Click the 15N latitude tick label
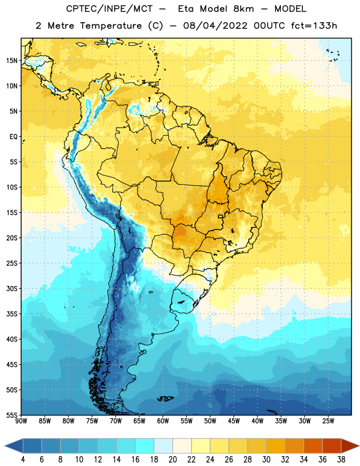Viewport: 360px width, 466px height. point(12,61)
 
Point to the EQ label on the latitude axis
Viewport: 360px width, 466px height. point(13,137)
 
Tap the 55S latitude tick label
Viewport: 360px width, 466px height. point(12,415)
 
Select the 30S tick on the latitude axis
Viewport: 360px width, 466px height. point(12,288)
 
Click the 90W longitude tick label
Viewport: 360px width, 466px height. point(21,421)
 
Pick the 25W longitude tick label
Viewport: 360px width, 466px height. point(328,421)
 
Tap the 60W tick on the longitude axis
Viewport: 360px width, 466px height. point(163,421)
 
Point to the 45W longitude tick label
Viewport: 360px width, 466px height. point(234,421)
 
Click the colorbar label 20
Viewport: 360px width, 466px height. point(172,460)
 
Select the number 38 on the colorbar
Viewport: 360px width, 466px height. point(341,460)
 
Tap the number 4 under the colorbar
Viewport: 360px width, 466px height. point(23,460)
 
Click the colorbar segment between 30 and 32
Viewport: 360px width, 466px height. point(276,446)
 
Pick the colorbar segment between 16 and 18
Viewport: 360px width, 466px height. point(144,446)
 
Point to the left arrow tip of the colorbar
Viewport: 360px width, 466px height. point(5,446)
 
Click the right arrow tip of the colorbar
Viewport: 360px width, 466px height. point(359,446)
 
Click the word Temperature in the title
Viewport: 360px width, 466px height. point(111,26)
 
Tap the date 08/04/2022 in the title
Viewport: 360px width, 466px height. point(215,26)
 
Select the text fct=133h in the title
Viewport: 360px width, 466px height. point(314,26)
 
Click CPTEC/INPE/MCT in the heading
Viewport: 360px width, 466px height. point(109,9)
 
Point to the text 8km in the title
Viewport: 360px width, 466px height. point(243,9)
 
